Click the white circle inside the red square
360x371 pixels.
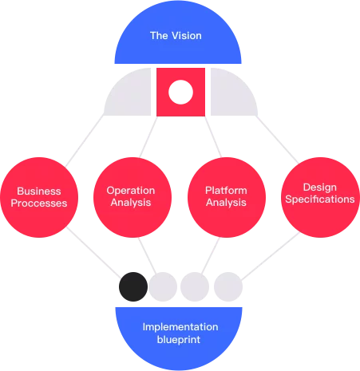tap(180, 92)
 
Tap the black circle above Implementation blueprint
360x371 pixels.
tap(133, 286)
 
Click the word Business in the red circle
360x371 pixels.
tap(39, 191)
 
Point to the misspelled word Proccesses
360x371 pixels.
tap(39, 203)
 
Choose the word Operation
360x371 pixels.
tap(131, 191)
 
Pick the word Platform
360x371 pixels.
tap(226, 191)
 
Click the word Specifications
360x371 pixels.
tap(320, 199)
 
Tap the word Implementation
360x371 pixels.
tap(180, 327)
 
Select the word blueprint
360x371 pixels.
tap(179, 340)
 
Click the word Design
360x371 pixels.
tap(320, 187)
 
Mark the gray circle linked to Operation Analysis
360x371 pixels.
tap(163, 286)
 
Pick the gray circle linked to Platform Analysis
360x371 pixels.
tap(195, 286)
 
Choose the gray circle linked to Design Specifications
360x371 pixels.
tap(228, 286)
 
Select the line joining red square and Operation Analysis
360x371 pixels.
tap(148, 136)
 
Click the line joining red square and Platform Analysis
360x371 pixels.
tap(213, 136)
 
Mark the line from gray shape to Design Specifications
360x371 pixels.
tap(277, 140)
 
